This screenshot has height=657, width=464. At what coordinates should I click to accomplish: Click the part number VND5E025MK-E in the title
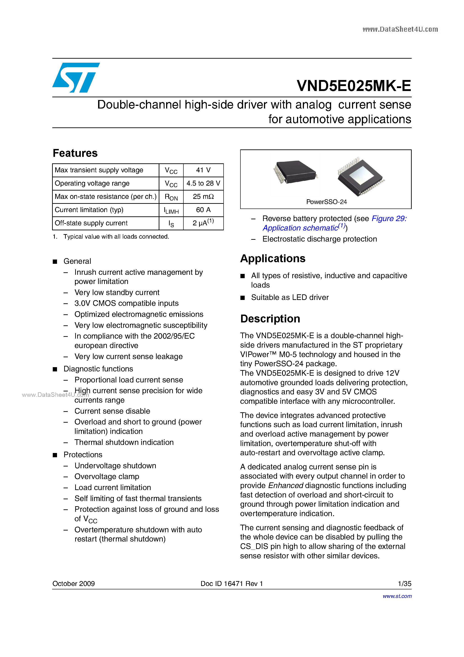tap(354, 86)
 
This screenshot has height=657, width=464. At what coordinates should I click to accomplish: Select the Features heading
tap(75, 153)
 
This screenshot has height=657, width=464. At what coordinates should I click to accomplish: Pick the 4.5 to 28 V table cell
tap(203, 183)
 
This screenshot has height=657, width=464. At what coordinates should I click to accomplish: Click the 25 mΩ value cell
tap(203, 197)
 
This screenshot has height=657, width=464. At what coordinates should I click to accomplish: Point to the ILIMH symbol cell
tap(171, 210)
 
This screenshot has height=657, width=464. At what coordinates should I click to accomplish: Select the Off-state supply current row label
tap(91, 223)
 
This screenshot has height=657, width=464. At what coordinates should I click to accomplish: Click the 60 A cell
tap(203, 210)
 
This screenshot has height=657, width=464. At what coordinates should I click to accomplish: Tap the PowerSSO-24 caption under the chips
tap(326, 202)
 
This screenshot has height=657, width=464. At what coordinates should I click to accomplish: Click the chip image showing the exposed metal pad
tap(361, 176)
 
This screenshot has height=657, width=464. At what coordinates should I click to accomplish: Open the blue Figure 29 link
tap(389, 219)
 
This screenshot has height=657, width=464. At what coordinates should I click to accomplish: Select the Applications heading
tap(273, 258)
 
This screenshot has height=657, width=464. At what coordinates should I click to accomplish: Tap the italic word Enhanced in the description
tap(286, 486)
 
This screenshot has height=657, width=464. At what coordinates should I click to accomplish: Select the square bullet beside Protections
tap(55, 455)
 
